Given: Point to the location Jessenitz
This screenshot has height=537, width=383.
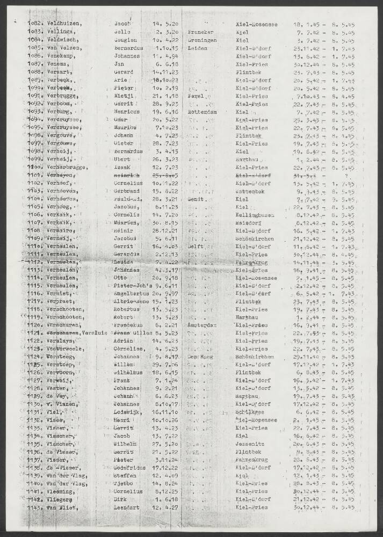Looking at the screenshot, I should [251, 444].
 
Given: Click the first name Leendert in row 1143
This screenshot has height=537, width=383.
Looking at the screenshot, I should [129, 507].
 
